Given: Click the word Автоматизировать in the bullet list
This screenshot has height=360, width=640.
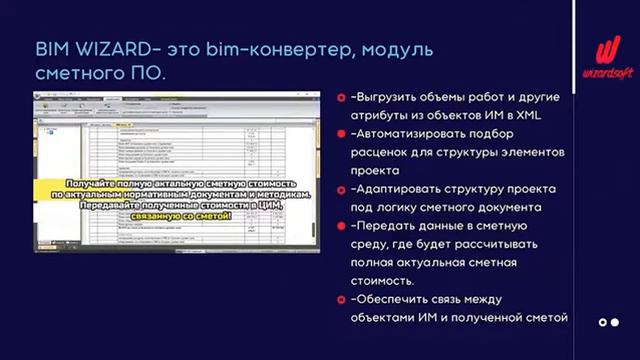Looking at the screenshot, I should click(x=417, y=134).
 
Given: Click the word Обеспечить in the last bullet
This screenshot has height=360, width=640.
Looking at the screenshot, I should click(x=393, y=298).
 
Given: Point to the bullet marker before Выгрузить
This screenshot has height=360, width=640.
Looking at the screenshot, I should click(x=342, y=98).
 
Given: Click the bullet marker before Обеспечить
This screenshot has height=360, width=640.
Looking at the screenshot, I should click(x=342, y=298).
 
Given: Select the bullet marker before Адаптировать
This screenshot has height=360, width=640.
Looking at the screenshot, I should click(x=342, y=188).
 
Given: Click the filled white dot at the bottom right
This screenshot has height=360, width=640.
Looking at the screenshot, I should click(x=603, y=322).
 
